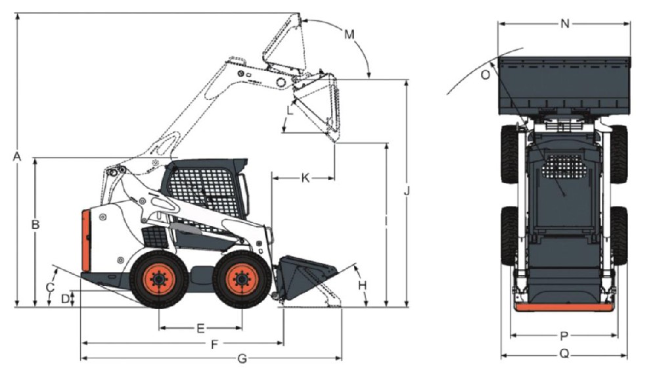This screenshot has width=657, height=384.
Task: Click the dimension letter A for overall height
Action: [17, 156]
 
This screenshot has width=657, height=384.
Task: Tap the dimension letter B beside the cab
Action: [35, 225]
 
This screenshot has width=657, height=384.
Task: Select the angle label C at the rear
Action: [50, 287]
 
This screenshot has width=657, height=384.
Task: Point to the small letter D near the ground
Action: [65, 299]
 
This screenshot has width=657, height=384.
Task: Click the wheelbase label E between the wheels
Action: [200, 328]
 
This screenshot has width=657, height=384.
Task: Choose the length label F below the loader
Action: [215, 345]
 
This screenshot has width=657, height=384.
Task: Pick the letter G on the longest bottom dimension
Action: [242, 359]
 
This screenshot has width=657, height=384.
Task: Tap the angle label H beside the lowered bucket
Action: [363, 285]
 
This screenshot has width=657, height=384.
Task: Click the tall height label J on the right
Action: [407, 191]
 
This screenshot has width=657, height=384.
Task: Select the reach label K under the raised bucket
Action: [306, 178]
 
